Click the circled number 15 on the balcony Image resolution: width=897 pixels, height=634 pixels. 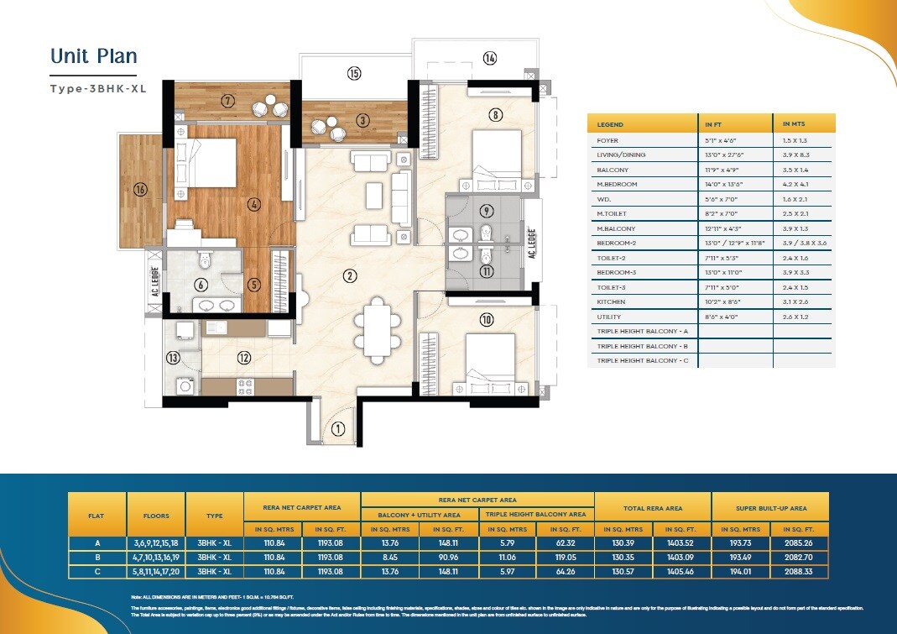(x=354, y=74)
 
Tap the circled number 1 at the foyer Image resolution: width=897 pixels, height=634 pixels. (x=337, y=429)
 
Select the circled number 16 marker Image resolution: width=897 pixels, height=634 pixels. (x=140, y=190)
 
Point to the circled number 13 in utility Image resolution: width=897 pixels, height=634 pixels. (x=173, y=358)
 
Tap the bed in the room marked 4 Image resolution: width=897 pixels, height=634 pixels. (x=204, y=161)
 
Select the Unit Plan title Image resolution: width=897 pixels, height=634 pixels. (x=93, y=56)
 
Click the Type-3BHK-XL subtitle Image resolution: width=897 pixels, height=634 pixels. (x=98, y=88)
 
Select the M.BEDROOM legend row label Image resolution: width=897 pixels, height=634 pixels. (x=617, y=185)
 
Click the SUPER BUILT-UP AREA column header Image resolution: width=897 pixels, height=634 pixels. (x=769, y=508)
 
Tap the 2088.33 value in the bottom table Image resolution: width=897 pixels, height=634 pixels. (x=799, y=572)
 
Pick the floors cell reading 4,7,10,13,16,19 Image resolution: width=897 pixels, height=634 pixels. (x=156, y=558)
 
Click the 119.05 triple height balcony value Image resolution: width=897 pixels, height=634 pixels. (x=565, y=558)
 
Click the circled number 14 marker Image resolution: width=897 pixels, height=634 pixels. (x=490, y=58)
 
